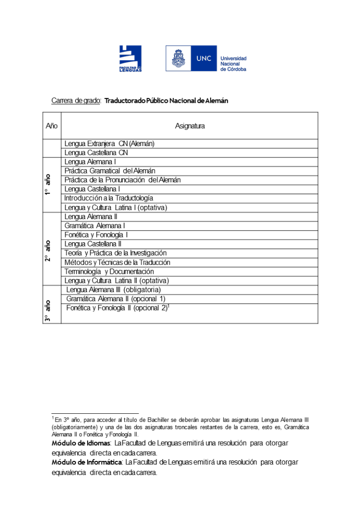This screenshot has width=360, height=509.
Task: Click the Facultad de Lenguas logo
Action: coord(130,58)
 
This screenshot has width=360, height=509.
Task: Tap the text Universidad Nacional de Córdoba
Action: coord(233,64)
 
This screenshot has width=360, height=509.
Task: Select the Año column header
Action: coord(52,126)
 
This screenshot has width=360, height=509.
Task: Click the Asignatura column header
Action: coord(189,126)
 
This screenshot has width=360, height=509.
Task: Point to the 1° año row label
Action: coord(48,185)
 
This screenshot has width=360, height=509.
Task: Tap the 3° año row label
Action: coord(48,312)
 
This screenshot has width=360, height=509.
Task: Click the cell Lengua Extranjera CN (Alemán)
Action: coord(109,143)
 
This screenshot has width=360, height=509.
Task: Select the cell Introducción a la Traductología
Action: coord(109,198)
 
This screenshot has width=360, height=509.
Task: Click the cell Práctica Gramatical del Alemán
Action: coord(110,171)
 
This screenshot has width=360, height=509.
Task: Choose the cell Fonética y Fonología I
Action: coord(96,235)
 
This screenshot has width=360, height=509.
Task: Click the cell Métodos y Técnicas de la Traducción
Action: coord(117,262)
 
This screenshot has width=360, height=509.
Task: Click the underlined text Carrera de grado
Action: coord(76,101)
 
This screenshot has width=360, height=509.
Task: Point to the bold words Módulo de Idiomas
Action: coord(81,443)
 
